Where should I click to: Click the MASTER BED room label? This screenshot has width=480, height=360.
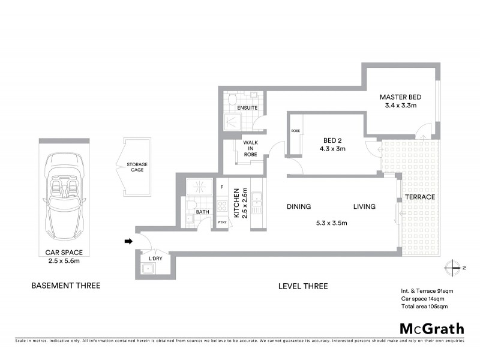click(401, 97)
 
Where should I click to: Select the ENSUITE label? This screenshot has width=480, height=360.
click(247, 108)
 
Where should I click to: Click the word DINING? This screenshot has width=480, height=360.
click(299, 207)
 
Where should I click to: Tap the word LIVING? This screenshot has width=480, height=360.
click(364, 207)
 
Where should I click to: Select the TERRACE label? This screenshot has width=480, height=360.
click(419, 197)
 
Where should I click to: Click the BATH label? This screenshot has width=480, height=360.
click(202, 212)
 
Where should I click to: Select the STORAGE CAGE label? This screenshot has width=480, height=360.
click(137, 167)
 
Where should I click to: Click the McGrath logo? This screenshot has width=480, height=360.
click(431, 328)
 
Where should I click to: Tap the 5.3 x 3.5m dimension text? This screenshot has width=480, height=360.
click(332, 223)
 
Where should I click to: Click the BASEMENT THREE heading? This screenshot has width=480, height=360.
click(65, 286)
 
